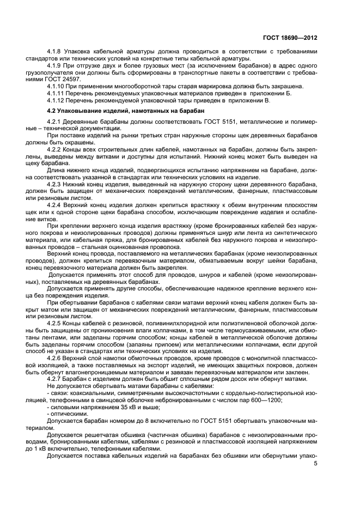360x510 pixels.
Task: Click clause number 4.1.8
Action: [56, 51]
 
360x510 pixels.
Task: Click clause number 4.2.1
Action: [56, 120]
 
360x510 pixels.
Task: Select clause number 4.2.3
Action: [56, 183]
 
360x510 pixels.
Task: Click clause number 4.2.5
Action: [56, 308]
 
